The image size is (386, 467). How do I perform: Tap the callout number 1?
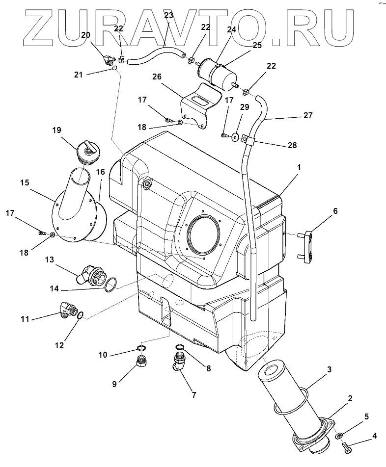[298, 167]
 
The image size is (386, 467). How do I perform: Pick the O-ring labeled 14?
[111, 284]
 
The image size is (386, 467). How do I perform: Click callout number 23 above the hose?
[168, 15]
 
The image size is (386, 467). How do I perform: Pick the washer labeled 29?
[235, 137]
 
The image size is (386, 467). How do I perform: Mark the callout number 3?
[330, 369]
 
